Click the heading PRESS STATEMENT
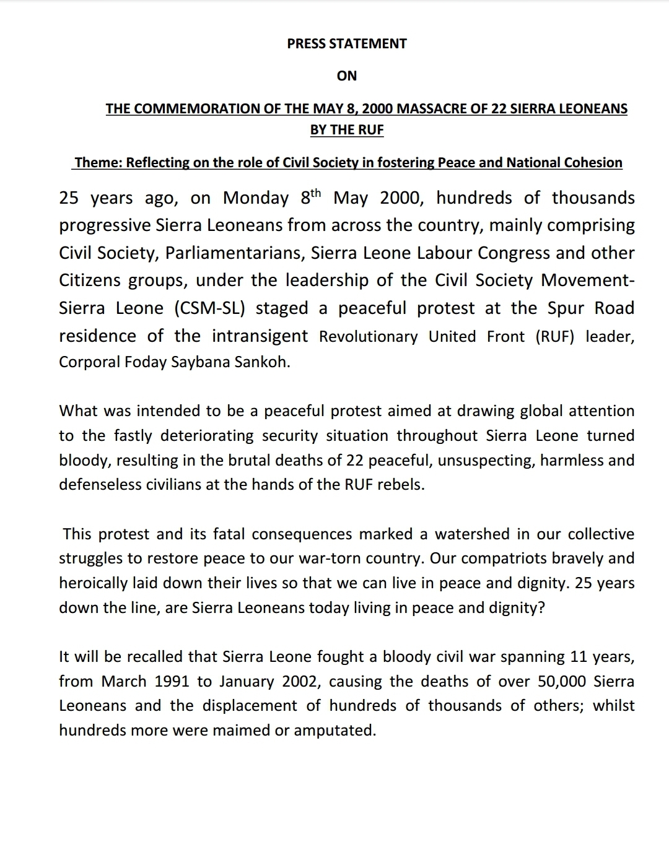point(347,43)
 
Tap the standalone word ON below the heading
point(347,76)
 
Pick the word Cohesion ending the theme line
point(593,163)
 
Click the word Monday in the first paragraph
point(255,198)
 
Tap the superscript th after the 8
point(315,193)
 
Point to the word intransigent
point(260,336)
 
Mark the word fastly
point(133,436)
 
